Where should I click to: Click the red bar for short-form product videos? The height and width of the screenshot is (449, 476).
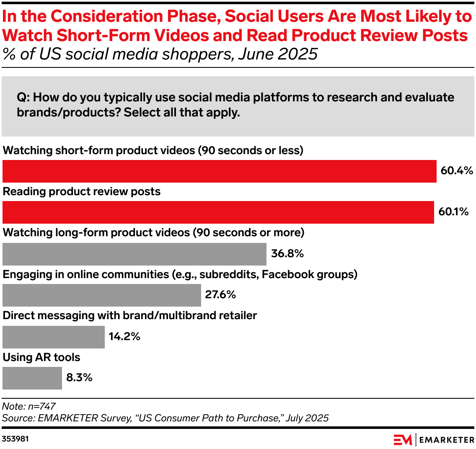[219, 171]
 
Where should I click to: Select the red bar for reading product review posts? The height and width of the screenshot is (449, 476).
[218, 212]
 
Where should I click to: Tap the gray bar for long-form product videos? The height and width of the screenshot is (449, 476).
[134, 254]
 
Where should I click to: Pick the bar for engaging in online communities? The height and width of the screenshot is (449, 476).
[101, 295]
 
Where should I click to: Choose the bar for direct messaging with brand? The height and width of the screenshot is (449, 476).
[53, 337]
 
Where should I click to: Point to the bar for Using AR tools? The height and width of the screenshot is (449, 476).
[32, 378]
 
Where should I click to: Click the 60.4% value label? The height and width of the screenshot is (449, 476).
[456, 170]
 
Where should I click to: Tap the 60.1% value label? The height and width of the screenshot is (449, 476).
[453, 212]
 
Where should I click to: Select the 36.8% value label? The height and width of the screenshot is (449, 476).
[287, 253]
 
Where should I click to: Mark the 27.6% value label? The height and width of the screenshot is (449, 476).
[220, 294]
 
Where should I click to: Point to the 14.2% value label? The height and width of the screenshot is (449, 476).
[124, 336]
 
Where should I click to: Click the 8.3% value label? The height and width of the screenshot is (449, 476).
[79, 377]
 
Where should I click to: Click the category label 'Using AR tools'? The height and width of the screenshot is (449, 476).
[41, 357]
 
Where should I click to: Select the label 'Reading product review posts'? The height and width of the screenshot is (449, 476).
[82, 192]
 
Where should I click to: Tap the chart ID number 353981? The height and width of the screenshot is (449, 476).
[16, 439]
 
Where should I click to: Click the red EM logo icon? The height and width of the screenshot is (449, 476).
[403, 439]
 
